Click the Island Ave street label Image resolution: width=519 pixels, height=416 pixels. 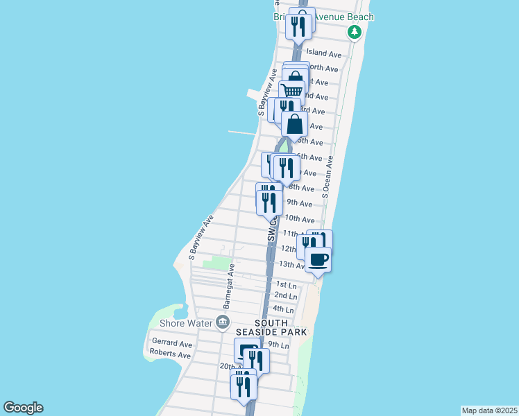point(324,53)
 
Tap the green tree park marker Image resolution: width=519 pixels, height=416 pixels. point(355,32)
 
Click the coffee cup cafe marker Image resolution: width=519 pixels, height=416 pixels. point(318,259)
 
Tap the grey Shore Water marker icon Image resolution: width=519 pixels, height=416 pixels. point(222,321)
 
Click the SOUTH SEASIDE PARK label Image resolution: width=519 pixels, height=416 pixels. point(280,328)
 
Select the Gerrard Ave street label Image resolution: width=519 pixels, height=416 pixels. point(171,344)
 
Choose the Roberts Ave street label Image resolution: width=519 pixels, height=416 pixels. point(170,355)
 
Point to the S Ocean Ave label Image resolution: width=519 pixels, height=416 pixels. point(327,177)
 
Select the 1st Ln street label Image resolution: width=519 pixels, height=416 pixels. point(286,284)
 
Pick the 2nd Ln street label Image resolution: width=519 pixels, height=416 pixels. point(286,295)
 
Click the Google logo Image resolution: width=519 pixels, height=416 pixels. point(23,408)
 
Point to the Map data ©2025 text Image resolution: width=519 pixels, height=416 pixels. point(489,410)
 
